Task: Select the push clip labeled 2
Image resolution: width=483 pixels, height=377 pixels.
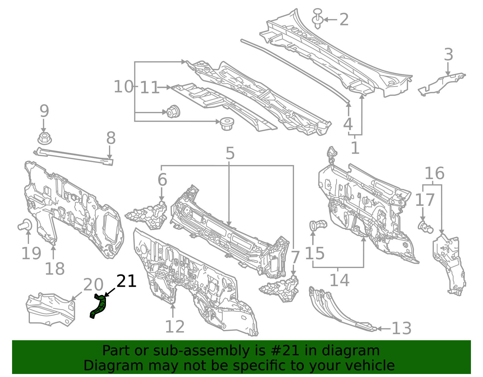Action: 317,19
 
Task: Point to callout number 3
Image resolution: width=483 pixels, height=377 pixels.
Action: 449,54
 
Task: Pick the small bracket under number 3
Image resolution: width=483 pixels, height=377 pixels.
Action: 441,84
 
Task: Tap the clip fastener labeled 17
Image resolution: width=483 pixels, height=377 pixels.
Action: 425,227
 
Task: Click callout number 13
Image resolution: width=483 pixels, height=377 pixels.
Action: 401,328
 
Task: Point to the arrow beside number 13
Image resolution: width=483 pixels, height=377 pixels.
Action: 384,329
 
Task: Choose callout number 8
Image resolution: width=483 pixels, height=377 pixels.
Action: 111,138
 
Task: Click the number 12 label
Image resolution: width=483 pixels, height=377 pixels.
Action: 175,327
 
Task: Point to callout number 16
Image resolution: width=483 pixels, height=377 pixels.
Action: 434,173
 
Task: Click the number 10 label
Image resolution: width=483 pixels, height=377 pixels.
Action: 123,86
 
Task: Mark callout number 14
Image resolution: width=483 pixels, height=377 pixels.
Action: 339,280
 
